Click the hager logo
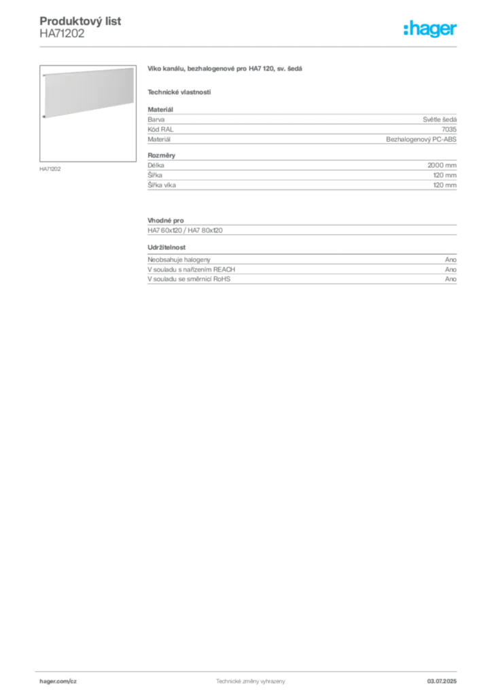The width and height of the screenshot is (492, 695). coord(430,29)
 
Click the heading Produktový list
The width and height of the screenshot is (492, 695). coord(80,21)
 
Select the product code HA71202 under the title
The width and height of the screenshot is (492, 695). coord(62,34)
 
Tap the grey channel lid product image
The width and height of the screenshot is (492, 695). coord(88,92)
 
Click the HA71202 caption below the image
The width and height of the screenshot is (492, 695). coord(50,169)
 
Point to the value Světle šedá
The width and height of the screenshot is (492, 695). coord(440,119)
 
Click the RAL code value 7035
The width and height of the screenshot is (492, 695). coord(449,130)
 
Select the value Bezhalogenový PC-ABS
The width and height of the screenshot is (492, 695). coord(421,139)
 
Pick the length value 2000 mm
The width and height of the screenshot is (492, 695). coord(442,166)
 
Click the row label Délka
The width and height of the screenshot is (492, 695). coord(156,166)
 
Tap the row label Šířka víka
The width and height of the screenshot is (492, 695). coord(162,185)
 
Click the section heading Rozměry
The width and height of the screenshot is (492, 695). coord(162,155)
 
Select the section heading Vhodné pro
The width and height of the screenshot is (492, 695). coord(166,221)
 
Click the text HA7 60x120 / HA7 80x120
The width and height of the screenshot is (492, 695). coord(185,231)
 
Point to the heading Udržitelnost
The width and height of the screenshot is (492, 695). coord(166,247)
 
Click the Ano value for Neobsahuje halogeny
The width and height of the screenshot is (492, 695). coord(451,260)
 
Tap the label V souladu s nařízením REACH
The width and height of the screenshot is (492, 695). coord(191,269)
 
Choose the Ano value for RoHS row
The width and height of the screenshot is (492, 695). coord(451,279)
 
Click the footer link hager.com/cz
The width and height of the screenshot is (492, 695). coord(58,681)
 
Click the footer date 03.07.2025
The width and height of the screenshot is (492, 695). coord(442,681)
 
